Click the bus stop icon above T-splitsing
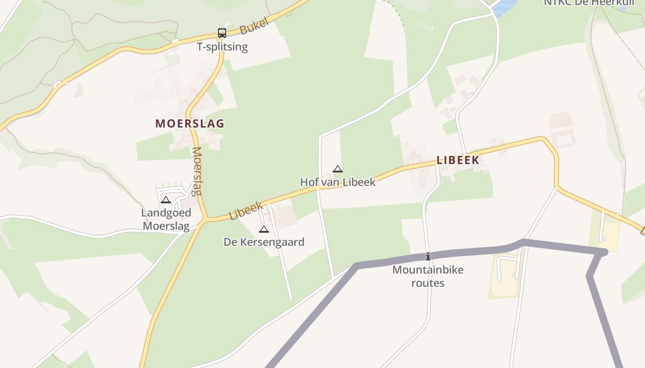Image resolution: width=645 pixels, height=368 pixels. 222,33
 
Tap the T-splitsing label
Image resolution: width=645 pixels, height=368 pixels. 222,46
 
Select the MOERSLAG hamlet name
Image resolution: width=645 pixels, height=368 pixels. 190,123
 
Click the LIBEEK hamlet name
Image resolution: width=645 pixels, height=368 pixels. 458,160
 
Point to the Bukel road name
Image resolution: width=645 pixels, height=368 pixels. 254,27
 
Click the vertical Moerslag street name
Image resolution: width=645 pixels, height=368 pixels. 197,171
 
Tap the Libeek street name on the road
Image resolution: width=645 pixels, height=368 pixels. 246,210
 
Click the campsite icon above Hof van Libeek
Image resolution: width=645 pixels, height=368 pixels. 338,169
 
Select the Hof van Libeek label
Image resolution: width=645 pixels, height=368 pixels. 338,182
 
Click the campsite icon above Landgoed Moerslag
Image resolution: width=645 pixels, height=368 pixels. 166,200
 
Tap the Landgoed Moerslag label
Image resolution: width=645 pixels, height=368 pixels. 166,219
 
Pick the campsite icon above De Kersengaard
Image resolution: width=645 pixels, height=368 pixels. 264,229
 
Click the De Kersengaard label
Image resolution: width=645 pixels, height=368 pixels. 264,242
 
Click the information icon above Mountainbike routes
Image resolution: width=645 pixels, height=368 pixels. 428,256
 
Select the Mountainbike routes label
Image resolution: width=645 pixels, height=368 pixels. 428,276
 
